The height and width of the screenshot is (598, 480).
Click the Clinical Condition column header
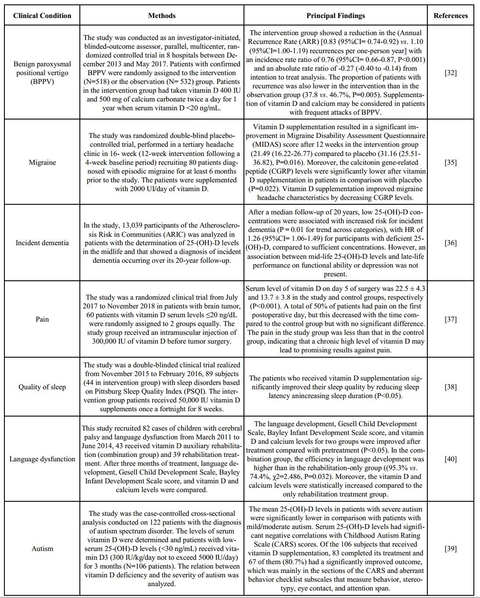tap(42, 15)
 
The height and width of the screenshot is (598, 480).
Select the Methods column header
tap(161, 15)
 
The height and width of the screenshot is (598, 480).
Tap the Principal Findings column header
tap(335, 15)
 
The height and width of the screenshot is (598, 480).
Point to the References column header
tap(451, 15)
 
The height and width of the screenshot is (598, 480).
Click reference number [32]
tap(451, 72)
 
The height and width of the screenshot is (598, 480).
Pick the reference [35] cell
tap(451, 162)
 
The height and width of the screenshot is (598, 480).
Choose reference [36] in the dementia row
tap(451, 243)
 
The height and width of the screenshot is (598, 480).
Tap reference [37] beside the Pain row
tap(451, 319)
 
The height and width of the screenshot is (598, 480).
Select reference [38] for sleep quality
tap(451, 387)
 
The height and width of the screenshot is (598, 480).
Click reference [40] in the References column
tap(451, 459)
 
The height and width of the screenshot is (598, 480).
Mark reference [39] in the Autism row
tap(451, 548)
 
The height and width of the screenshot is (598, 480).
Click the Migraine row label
tap(42, 162)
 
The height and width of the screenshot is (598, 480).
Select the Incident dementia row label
tap(42, 243)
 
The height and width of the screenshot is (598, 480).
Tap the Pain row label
tap(42, 319)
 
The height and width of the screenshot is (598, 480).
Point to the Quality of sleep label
tap(42, 387)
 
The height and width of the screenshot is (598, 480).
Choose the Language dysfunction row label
tap(42, 459)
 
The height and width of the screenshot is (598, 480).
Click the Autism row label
tap(42, 548)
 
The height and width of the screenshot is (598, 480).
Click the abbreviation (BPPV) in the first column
tap(42, 81)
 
